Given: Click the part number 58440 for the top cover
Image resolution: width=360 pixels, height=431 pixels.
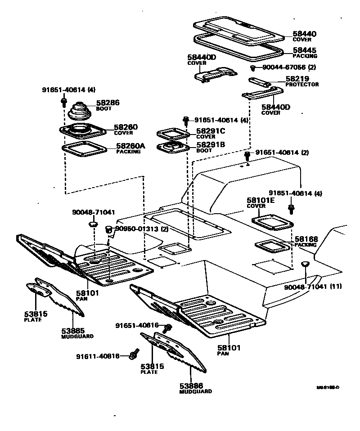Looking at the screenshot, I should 305,34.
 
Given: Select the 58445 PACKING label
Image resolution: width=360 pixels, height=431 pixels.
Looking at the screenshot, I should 305,50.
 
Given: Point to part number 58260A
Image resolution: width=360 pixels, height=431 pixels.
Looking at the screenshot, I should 130,146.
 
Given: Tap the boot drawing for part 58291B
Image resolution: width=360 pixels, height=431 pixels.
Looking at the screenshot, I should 171,147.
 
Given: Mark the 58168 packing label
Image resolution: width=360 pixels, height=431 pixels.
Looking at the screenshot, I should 306,239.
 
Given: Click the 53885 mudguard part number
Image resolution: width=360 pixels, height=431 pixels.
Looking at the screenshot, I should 73,331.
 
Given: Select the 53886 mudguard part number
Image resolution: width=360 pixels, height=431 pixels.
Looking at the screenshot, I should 191,386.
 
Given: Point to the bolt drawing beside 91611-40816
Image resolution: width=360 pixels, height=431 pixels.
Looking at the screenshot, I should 133,356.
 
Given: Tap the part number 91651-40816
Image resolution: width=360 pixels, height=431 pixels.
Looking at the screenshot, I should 137,325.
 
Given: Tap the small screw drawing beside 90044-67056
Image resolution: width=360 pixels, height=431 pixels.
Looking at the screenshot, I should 253,68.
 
